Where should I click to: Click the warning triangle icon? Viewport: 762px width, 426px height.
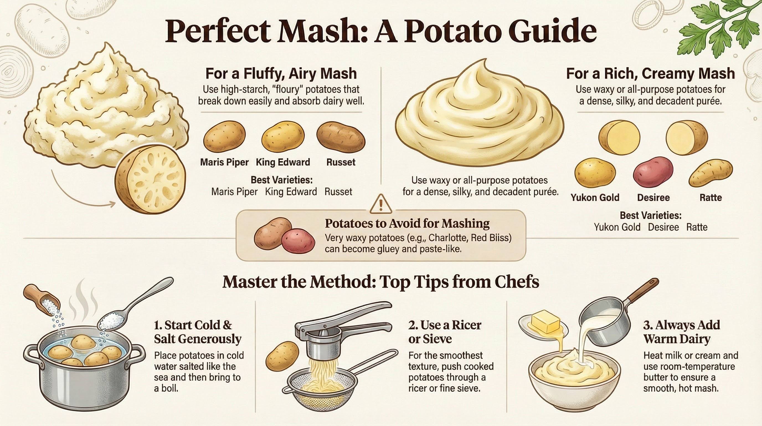[x=381, y=204]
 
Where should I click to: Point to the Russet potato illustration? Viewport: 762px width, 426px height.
[x=341, y=138]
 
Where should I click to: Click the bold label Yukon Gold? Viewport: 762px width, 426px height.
[x=595, y=197]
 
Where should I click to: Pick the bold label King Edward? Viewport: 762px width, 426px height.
[x=283, y=162]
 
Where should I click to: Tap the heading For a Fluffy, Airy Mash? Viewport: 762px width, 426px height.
[x=281, y=73]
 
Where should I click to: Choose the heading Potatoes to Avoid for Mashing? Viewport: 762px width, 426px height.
[x=407, y=223]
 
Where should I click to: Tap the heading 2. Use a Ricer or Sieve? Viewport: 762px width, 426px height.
[x=445, y=332]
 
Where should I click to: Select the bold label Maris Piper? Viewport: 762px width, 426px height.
[x=224, y=162]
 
